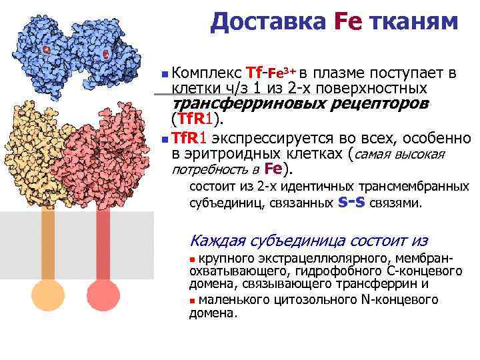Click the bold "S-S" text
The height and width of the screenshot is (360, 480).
pos(351,201)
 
